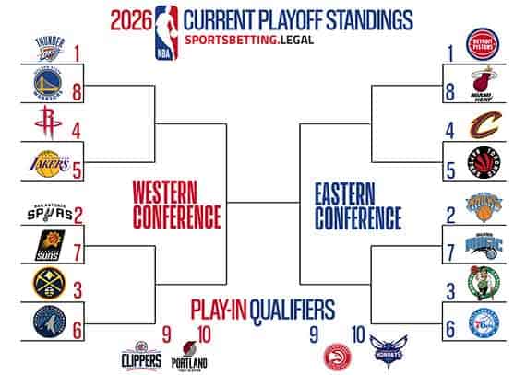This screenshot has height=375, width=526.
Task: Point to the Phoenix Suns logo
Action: click(50, 247)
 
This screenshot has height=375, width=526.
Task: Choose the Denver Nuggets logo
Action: click(50, 282)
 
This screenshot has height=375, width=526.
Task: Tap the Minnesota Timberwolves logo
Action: click(50, 322)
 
